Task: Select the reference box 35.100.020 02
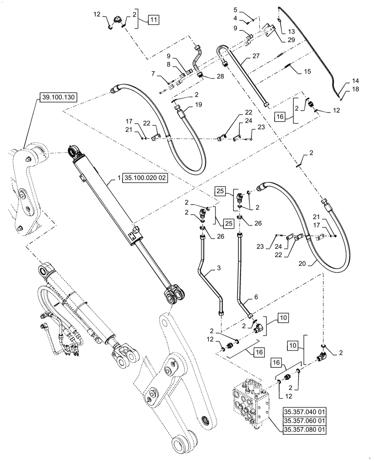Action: pos(145,178)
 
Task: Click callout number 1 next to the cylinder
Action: pos(118,178)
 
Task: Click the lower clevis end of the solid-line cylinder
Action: pos(175,294)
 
